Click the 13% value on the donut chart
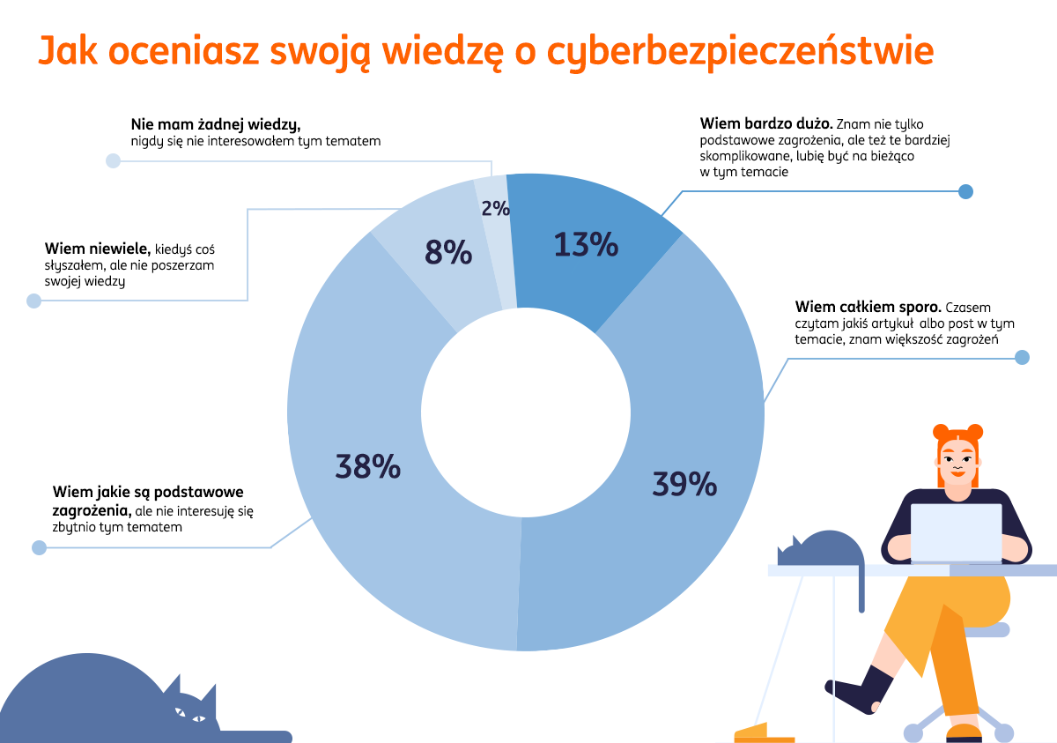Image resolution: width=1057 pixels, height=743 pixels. (586, 245)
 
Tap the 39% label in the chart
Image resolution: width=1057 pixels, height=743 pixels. (684, 484)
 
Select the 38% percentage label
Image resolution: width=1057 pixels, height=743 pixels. (368, 466)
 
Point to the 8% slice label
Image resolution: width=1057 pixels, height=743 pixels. (448, 253)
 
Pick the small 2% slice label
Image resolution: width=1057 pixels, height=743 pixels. (495, 209)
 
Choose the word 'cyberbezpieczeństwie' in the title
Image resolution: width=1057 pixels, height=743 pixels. (740, 53)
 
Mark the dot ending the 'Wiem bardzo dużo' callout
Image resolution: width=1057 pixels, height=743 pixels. (965, 191)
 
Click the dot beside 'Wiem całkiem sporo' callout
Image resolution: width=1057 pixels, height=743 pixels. (1022, 358)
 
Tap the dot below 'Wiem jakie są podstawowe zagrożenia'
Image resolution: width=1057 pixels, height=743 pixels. (39, 548)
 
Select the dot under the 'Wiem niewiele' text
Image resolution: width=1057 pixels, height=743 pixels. (33, 301)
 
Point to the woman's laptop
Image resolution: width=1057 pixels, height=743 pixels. (956, 532)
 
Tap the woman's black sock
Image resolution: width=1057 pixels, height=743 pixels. (859, 688)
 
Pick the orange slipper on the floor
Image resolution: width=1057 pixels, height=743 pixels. (764, 732)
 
